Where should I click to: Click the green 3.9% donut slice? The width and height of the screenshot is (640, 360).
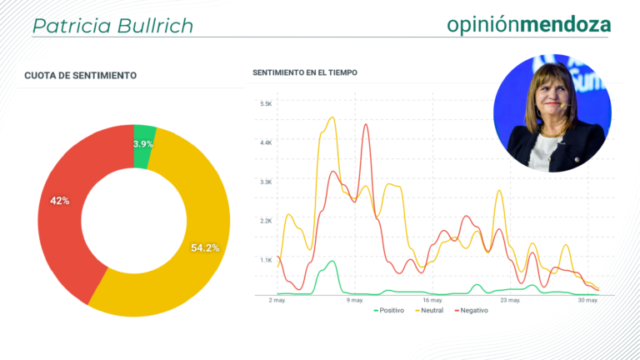coord(143,146)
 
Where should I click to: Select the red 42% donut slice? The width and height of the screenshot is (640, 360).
coord(65,204)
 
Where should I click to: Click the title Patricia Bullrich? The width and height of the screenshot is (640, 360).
coord(112,26)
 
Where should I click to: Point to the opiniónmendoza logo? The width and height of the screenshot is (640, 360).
coord(529,24)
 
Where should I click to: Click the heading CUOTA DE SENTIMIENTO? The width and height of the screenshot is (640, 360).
coord(80,76)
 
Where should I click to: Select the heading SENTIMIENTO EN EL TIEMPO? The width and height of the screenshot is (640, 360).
coord(305,72)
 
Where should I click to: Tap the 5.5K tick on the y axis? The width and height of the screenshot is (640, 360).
coord(266,103)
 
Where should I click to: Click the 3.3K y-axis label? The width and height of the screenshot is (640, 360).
coord(266,182)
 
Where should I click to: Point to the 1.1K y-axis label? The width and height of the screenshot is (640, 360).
coord(266,260)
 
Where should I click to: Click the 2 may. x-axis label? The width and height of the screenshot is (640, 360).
coord(277,300)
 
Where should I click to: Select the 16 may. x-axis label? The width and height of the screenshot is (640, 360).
coord(432,300)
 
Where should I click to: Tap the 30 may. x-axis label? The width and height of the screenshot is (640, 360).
coord(587,300)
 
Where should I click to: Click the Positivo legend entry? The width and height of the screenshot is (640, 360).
coord(389,311)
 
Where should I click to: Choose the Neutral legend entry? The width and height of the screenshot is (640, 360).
coord(429,311)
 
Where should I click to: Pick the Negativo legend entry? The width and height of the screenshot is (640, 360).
coord(471,311)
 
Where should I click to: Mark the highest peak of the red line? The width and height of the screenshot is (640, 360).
coord(366,124)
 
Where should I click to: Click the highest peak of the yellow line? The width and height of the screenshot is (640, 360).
coord(332,117)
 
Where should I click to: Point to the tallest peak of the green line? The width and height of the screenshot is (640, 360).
coord(332,261)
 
